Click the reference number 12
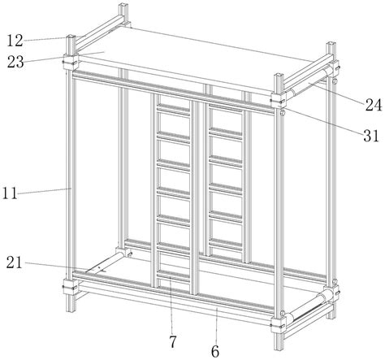[x=15, y=41]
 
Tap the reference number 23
[x=15, y=62]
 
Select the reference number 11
[x=10, y=193]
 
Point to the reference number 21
[x=14, y=262]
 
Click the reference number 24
[x=374, y=105]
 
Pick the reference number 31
[x=371, y=136]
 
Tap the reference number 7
[x=173, y=341]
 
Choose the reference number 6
[x=215, y=351]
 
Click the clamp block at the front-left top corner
[x=71, y=61]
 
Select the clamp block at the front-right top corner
[x=278, y=101]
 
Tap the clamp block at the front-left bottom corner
[x=71, y=287]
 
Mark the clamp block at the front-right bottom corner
[x=278, y=324]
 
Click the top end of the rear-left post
[x=123, y=6]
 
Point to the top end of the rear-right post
[x=331, y=45]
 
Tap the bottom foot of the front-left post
[x=71, y=306]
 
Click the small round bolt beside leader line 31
[x=282, y=113]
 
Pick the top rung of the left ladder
[x=173, y=108]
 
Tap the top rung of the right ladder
[x=225, y=107]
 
